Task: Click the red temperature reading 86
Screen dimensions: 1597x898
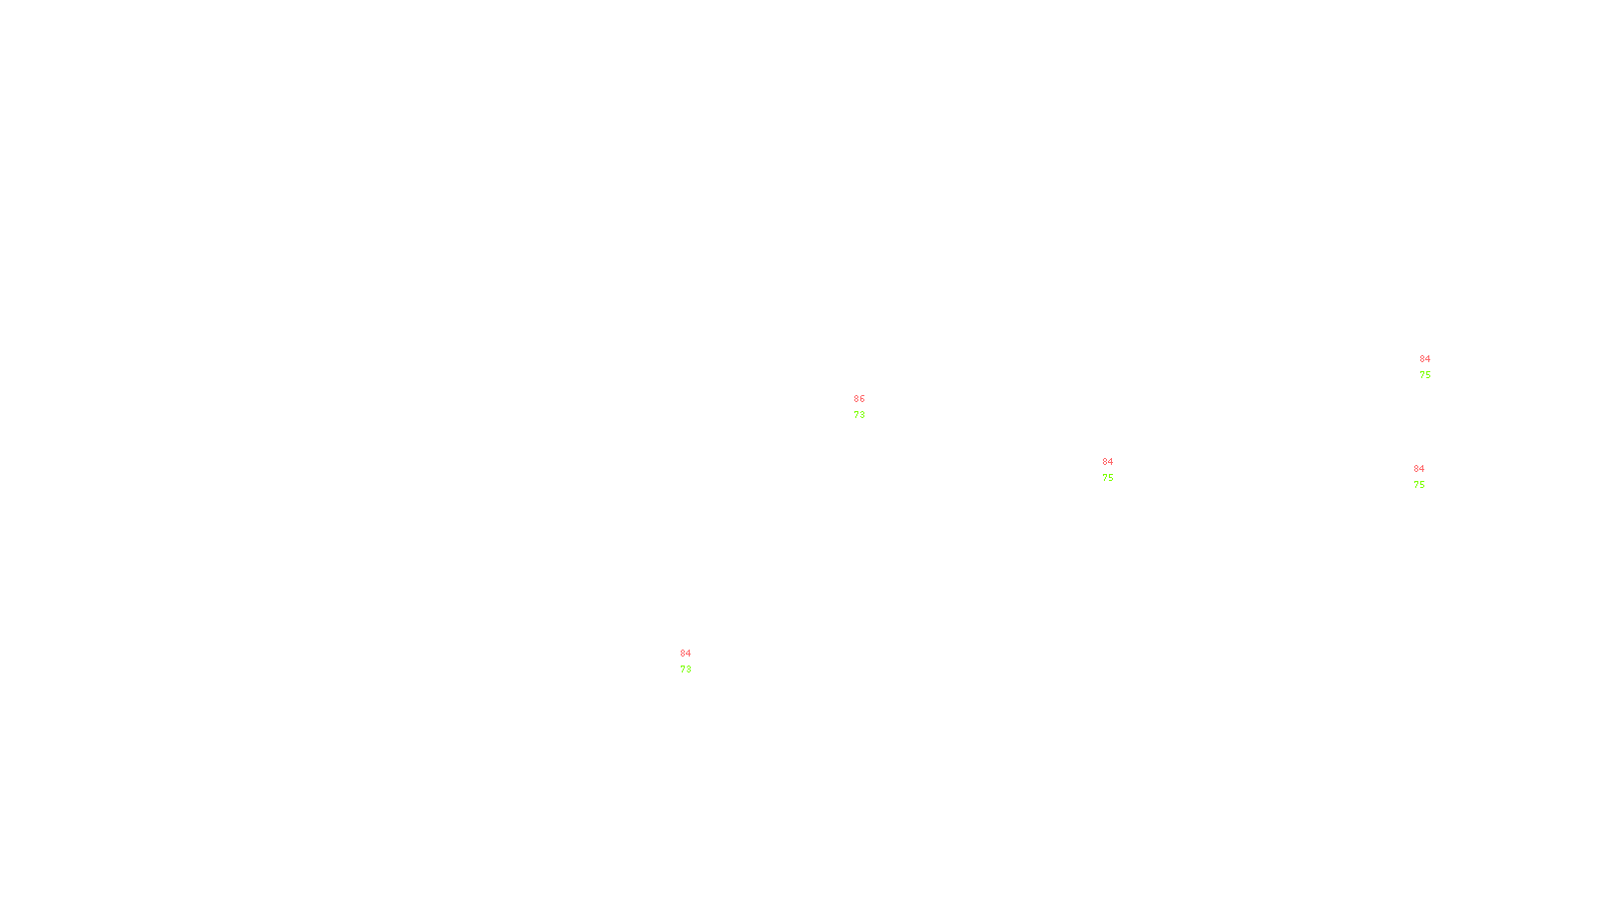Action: pyautogui.click(x=859, y=399)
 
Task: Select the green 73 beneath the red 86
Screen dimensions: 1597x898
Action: pyautogui.click(x=859, y=415)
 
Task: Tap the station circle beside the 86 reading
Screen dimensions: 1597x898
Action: pyautogui.click(x=868, y=407)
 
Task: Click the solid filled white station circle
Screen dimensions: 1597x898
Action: pyautogui.click(x=1117, y=470)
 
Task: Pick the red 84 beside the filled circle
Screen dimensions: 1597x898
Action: pyautogui.click(x=1107, y=462)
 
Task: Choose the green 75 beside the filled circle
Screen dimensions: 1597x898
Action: pyautogui.click(x=1107, y=478)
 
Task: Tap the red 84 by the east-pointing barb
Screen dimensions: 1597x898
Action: pyautogui.click(x=1418, y=469)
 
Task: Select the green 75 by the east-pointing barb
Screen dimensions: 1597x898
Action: pyautogui.click(x=1418, y=485)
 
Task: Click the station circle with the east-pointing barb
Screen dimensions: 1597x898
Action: pyautogui.click(x=1429, y=477)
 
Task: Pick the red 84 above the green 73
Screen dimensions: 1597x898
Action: pyautogui.click(x=685, y=654)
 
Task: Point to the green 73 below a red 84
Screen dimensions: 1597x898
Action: pyautogui.click(x=685, y=670)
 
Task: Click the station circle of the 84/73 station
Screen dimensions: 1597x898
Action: pyautogui.click(x=695, y=662)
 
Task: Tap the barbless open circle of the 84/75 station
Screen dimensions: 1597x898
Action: pyautogui.click(x=1435, y=367)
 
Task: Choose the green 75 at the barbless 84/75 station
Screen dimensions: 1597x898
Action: pyautogui.click(x=1424, y=375)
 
